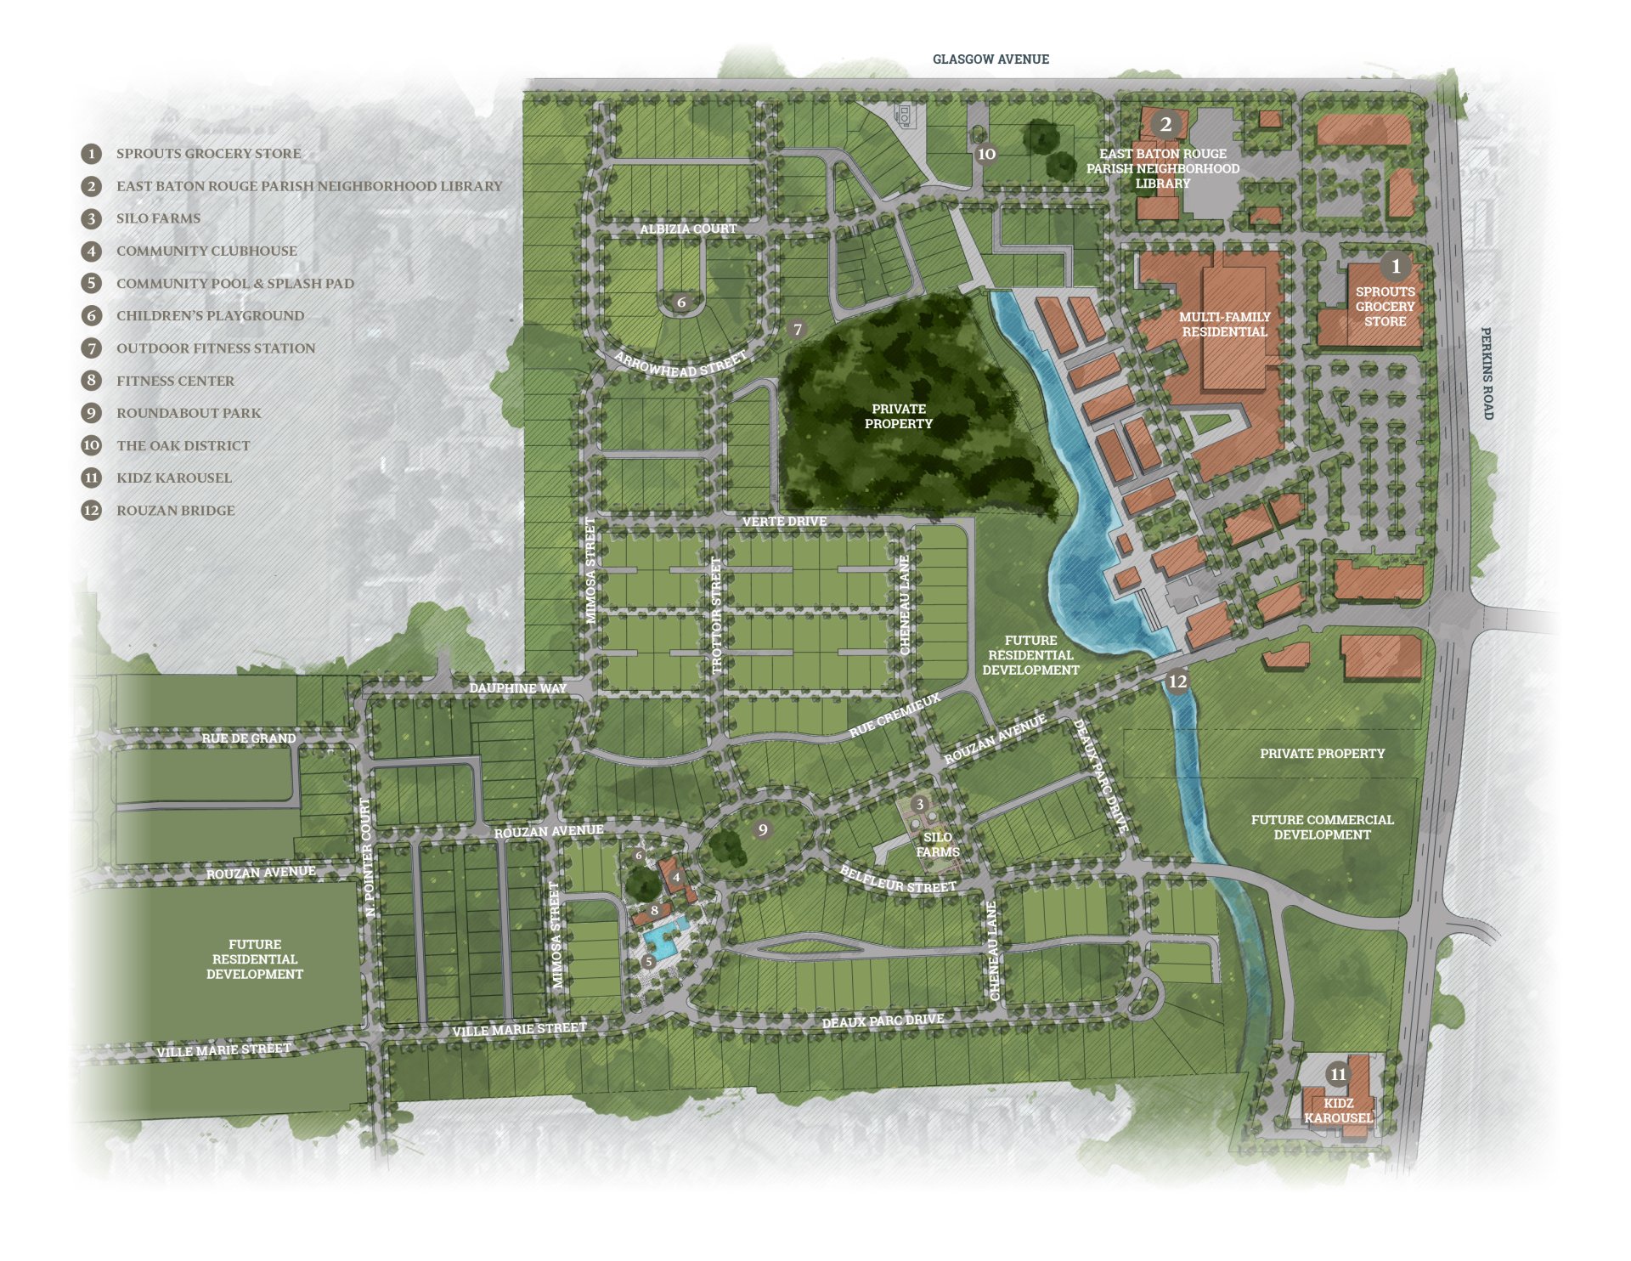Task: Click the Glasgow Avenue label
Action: (990, 59)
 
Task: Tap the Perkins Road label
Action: (1487, 373)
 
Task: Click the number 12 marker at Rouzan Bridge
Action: (1177, 681)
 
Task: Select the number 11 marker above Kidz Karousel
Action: (1338, 1074)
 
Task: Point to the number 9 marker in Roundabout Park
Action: (763, 830)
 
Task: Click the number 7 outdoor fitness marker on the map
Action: (797, 330)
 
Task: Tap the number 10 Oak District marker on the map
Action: (986, 154)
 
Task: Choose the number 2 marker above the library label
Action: (1165, 125)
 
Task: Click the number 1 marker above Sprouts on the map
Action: (1395, 266)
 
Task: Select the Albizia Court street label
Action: (688, 229)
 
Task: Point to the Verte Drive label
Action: (784, 522)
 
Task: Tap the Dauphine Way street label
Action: (517, 688)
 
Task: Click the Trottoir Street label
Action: (716, 615)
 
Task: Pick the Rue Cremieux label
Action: (895, 715)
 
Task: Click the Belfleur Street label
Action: (898, 880)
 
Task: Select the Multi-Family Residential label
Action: (1224, 324)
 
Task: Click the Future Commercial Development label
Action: (1322, 827)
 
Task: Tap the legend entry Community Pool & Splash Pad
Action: (235, 284)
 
